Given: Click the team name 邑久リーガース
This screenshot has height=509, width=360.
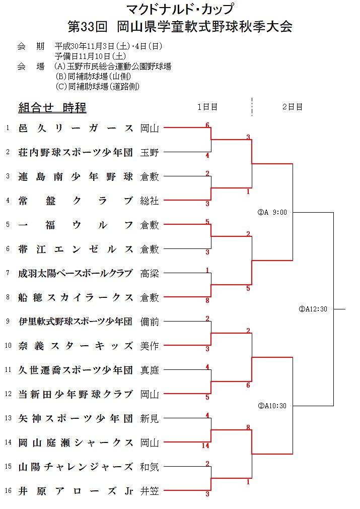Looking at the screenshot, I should click(x=76, y=128).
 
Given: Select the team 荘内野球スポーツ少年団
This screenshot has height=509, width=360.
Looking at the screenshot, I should click(x=76, y=152).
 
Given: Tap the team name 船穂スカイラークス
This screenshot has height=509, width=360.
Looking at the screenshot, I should click(x=76, y=297).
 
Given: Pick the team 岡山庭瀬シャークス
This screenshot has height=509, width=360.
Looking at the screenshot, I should click(x=76, y=442).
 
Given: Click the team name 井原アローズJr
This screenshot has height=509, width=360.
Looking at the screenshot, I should click(x=76, y=491).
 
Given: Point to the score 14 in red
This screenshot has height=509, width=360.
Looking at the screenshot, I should click(x=205, y=446).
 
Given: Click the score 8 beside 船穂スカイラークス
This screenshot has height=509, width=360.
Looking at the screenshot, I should click(x=207, y=301).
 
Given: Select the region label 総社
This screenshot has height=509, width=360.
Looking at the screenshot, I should click(x=150, y=201).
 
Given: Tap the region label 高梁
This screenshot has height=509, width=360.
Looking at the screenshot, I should click(x=150, y=273).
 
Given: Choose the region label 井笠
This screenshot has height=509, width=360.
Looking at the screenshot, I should click(x=150, y=491).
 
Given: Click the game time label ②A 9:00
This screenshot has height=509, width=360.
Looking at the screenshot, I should click(x=272, y=212).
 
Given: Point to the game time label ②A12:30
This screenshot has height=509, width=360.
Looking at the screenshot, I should click(x=313, y=309).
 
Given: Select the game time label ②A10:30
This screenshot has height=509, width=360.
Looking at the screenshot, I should click(x=272, y=406).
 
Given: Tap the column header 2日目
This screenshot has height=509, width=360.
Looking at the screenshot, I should click(x=293, y=107).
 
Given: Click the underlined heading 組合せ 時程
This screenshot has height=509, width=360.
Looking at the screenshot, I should click(x=52, y=107).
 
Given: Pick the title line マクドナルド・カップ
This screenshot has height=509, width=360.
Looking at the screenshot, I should click(x=180, y=9).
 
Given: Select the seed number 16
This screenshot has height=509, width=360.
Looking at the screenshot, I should click(x=8, y=491).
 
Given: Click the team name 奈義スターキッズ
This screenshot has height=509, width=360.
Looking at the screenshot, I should click(x=76, y=346).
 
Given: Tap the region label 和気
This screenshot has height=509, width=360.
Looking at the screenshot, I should click(x=150, y=467).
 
